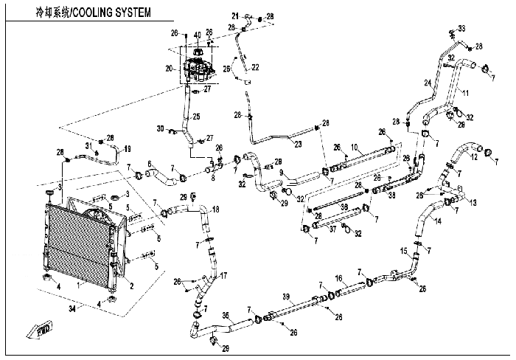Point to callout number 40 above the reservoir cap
[x=198, y=35]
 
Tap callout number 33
[x=463, y=28]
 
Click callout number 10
[x=355, y=146]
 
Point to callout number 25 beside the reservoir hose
[x=196, y=117]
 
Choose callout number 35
[x=226, y=314]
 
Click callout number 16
[x=339, y=278]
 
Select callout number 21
[x=235, y=15]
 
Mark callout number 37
[x=332, y=229]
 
